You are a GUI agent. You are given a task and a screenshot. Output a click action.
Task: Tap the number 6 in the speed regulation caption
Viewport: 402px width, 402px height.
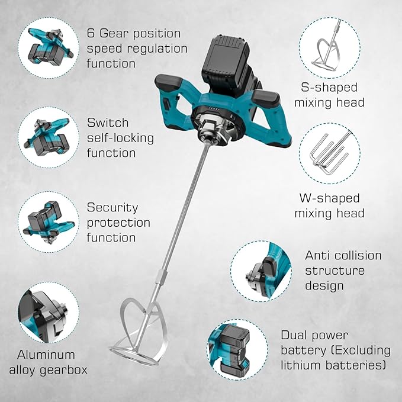point(91,34)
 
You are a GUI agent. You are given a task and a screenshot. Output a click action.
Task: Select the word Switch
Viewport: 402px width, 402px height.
point(108,123)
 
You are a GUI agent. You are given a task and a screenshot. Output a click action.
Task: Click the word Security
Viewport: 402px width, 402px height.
point(112,208)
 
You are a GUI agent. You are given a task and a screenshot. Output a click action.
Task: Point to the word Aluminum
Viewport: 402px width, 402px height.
point(46,355)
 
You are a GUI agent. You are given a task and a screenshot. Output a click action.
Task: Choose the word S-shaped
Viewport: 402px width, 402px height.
point(329,88)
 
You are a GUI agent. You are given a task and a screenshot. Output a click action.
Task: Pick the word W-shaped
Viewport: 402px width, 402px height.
point(329,198)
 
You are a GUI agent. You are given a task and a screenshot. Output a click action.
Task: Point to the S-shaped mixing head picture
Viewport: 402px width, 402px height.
point(330,48)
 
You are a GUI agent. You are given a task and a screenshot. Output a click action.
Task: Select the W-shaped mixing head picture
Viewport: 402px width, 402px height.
point(330,153)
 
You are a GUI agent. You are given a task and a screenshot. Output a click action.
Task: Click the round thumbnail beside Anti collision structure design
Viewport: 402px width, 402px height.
point(261,271)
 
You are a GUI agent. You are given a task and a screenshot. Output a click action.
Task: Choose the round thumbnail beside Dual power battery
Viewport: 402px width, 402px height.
point(237,350)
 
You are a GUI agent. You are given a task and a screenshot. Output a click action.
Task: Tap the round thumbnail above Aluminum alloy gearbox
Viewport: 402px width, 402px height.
point(49,313)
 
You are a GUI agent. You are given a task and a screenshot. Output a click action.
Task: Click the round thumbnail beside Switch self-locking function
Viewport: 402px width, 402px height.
point(49,137)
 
